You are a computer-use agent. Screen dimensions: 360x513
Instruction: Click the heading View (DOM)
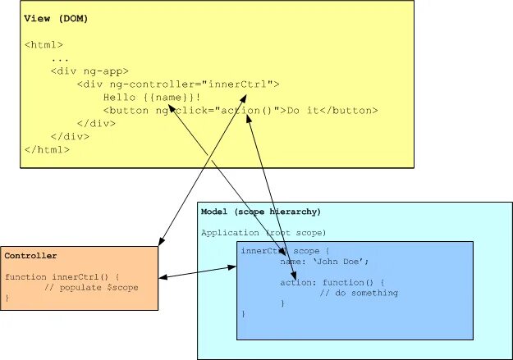(x=56, y=18)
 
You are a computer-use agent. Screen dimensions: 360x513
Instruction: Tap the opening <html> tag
(x=43, y=44)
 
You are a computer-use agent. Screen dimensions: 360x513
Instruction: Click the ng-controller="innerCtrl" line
(x=178, y=84)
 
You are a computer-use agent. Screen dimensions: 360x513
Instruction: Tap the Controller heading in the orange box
(x=30, y=256)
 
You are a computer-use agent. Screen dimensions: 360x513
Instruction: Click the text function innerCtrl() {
(x=62, y=277)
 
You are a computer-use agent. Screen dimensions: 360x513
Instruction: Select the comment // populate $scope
(x=91, y=288)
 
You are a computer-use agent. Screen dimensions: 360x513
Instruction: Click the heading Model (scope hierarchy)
(x=260, y=212)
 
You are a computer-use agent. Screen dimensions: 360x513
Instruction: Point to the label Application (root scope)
(x=263, y=233)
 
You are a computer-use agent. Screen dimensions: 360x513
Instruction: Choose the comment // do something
(x=359, y=293)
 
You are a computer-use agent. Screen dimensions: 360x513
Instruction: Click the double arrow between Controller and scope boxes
(x=197, y=272)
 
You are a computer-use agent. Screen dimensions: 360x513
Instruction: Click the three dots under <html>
(x=59, y=58)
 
